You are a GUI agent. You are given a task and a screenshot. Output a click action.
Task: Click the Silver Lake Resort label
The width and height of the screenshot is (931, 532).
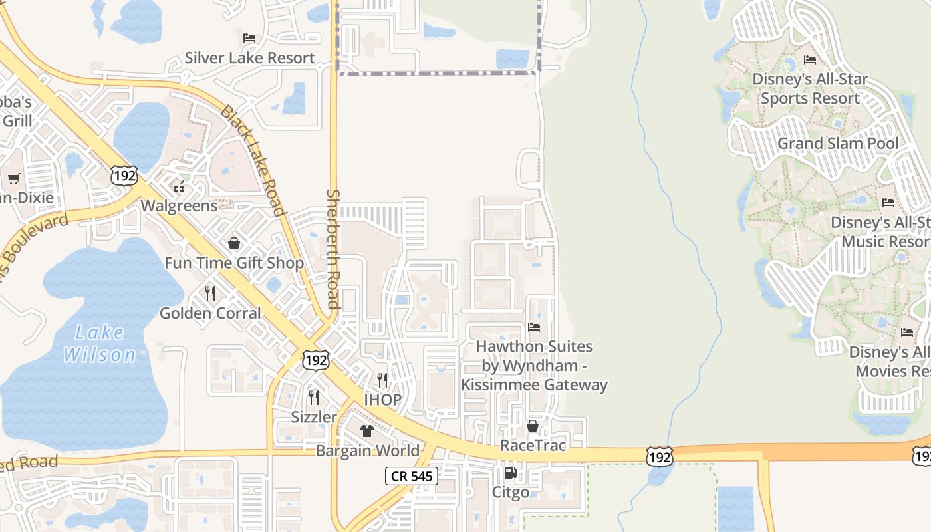249,58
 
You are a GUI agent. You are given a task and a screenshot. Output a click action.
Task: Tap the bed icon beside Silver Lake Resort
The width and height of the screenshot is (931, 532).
249,37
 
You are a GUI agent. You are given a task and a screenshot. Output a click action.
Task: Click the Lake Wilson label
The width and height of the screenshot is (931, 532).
100,343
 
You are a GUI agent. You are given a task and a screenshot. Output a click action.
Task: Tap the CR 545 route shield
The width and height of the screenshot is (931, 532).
412,475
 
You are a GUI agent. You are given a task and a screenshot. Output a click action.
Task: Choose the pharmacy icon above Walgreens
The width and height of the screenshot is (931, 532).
178,186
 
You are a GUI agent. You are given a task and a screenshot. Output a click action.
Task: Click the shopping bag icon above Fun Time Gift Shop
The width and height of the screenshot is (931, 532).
234,243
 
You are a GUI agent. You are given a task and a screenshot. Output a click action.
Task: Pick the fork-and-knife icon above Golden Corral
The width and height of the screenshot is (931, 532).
210,293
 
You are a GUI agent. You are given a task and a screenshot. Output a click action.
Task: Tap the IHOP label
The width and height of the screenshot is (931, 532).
382,400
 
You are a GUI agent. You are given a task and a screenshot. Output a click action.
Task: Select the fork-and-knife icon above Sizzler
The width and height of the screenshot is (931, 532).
314,397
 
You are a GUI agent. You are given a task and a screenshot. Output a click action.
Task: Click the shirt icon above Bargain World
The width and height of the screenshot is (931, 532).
367,430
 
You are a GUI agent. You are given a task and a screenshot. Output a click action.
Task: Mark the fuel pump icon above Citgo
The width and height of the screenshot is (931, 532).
510,473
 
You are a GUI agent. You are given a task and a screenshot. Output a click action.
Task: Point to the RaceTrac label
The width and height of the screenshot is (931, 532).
533,445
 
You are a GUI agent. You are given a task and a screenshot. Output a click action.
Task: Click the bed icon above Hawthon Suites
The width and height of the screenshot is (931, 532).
534,327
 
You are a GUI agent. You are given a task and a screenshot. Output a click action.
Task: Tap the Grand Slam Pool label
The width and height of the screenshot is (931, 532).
838,143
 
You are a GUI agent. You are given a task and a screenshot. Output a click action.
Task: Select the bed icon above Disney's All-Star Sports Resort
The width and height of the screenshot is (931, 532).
810,60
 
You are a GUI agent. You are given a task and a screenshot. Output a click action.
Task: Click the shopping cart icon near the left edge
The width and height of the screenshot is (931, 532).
13,178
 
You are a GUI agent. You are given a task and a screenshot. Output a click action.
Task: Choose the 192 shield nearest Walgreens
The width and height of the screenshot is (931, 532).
125,176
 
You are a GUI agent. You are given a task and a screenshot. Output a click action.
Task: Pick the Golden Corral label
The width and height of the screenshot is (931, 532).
210,313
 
